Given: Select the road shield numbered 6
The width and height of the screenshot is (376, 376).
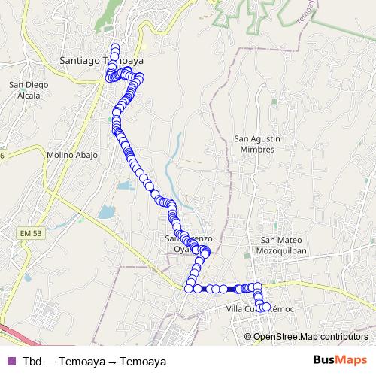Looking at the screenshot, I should click(x=2, y=154).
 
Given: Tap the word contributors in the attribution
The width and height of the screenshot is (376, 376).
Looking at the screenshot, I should click(x=346, y=336).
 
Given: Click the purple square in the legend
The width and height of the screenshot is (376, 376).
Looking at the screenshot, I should click(x=10, y=361).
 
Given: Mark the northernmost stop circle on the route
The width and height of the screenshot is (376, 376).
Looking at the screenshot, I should click(x=115, y=50).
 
